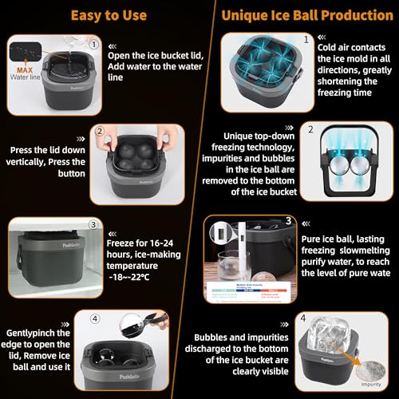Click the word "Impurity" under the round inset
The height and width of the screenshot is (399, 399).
point(371,382)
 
